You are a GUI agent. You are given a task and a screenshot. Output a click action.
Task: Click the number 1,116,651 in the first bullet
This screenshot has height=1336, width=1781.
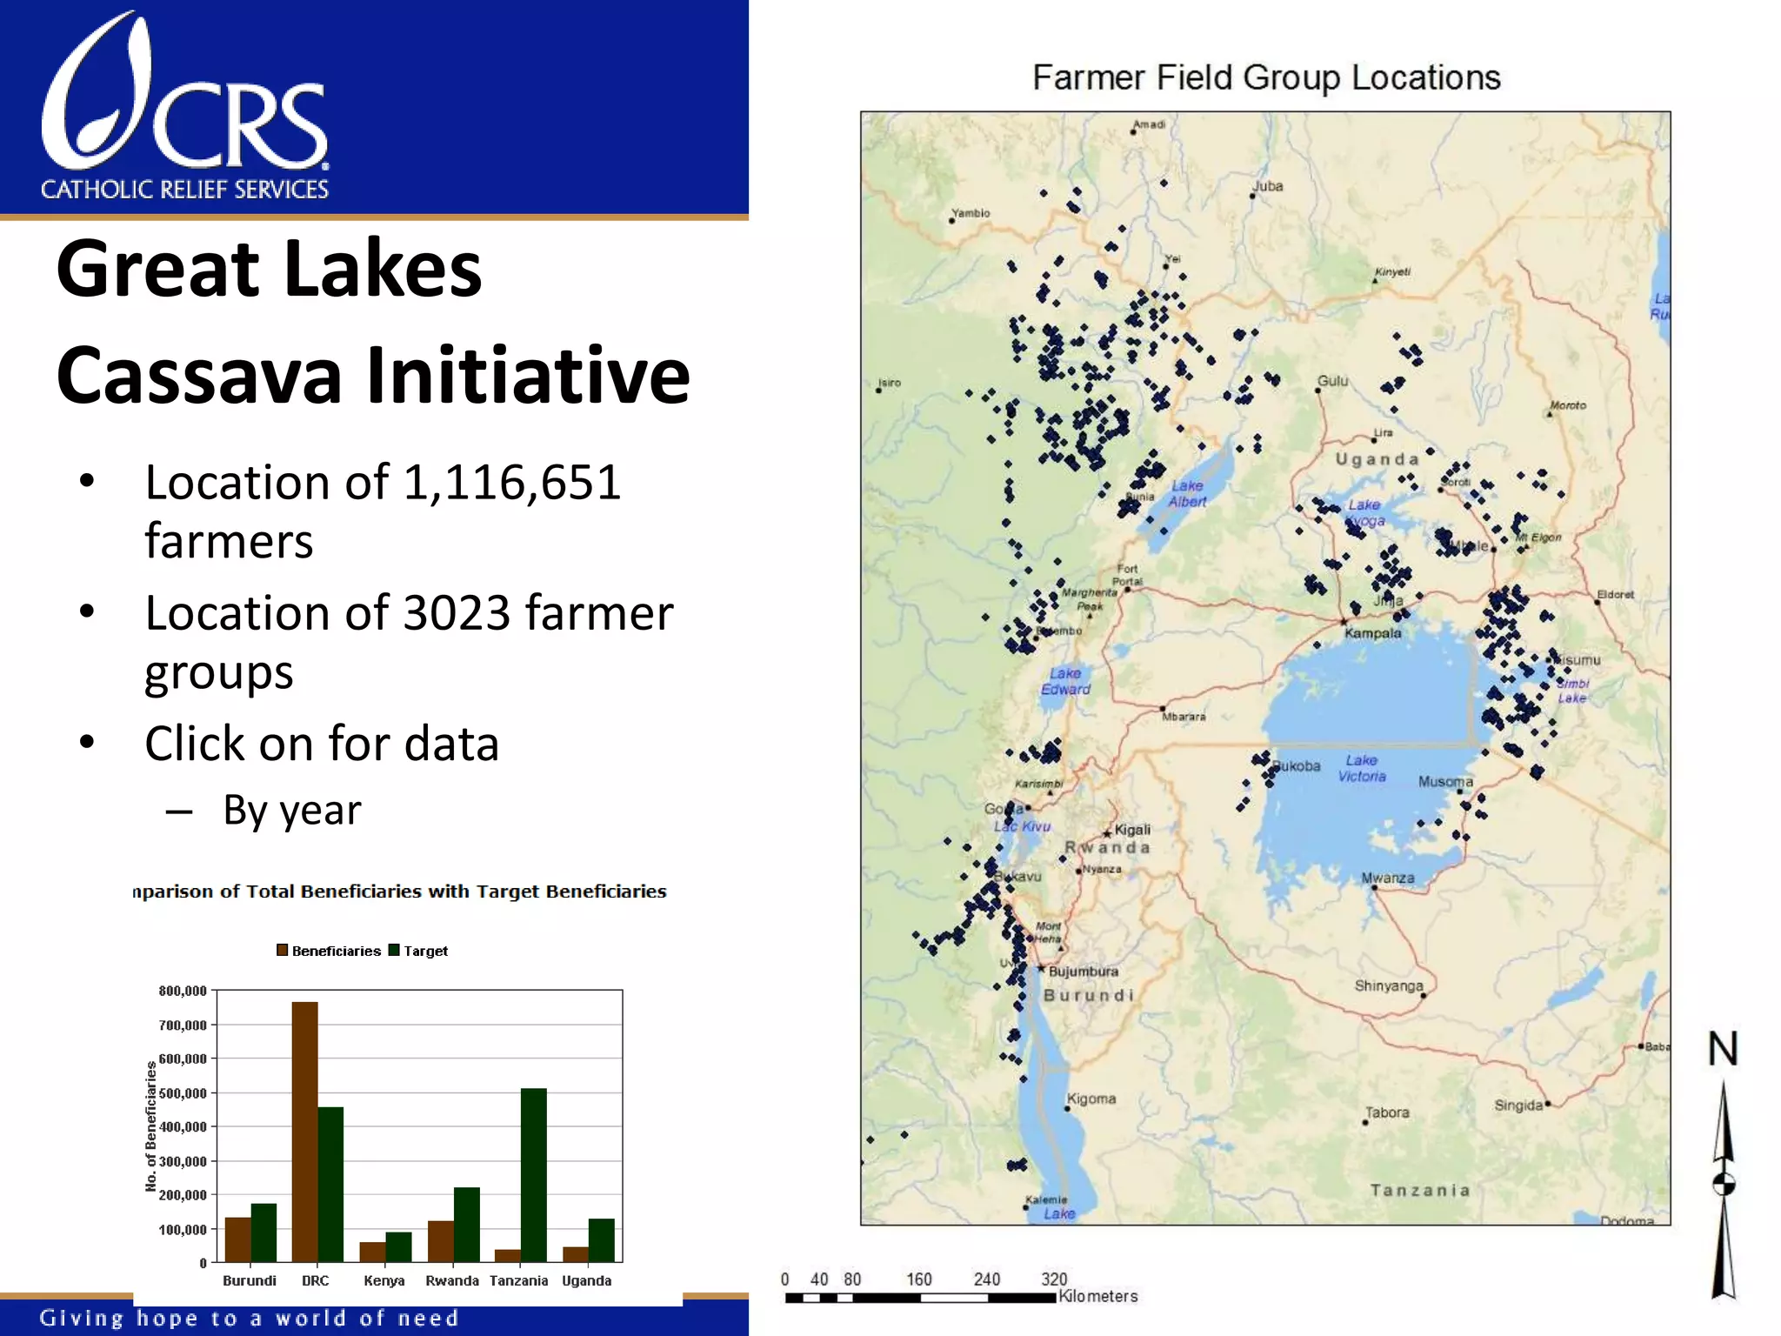tap(512, 483)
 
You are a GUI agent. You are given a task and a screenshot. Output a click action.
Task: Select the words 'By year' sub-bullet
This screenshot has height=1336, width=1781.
tap(291, 811)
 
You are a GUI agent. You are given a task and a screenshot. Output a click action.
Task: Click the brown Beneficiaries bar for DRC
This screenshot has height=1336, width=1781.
tap(304, 1131)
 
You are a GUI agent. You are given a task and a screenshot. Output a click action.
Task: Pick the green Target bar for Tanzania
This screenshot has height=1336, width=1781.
tap(533, 1174)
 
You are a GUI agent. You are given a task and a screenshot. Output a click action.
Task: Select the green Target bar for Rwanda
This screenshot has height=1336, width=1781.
tap(466, 1224)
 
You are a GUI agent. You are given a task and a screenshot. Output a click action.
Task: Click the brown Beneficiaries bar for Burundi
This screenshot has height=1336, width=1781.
tap(237, 1239)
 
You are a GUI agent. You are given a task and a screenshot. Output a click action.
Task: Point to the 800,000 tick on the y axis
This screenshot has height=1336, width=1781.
tap(183, 991)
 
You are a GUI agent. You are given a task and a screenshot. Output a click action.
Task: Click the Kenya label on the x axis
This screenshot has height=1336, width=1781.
tap(384, 1280)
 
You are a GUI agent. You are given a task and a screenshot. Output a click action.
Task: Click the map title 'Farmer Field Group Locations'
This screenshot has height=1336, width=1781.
tap(1266, 78)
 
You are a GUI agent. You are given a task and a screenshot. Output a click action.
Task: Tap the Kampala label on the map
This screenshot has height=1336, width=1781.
tap(1372, 633)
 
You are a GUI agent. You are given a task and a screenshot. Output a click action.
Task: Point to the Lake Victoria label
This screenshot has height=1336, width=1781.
tap(1362, 768)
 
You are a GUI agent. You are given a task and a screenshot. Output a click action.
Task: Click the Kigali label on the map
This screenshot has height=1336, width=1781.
tap(1132, 830)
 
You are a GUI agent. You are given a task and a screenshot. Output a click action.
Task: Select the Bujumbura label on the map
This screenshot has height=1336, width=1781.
tap(1083, 972)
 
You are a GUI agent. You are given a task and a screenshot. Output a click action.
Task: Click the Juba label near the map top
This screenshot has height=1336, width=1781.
tap(1267, 186)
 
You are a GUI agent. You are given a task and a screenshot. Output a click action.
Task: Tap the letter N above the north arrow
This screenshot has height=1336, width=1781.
tap(1723, 1048)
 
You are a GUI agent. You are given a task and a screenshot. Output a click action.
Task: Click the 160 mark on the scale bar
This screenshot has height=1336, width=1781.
tap(918, 1279)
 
